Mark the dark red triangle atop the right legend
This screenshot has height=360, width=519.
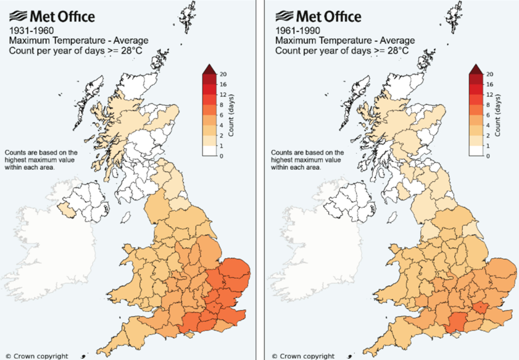(476, 69)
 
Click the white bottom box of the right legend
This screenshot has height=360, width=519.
(476, 151)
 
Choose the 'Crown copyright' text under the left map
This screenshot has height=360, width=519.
(39, 356)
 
